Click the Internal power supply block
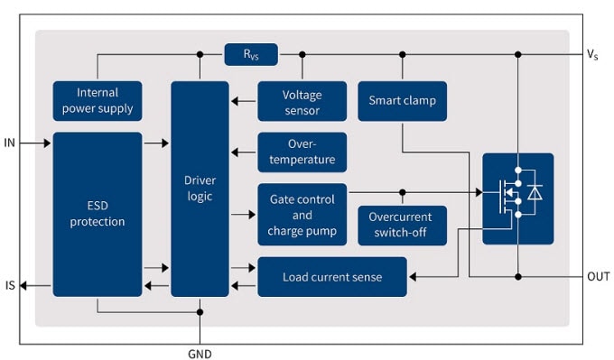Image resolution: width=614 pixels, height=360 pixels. pos(98,100)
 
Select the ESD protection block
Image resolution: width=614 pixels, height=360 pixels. pos(98,214)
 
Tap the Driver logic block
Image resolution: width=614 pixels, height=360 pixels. pos(200,189)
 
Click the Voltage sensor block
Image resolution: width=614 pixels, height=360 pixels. pos(302,101)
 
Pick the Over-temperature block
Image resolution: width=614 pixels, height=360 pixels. pos(302,152)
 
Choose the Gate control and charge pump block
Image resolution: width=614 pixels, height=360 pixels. pos(302,215)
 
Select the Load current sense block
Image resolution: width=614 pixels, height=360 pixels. pos(331,277)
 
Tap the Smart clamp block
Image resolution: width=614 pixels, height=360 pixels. pos(402,100)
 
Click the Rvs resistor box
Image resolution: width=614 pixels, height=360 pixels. pos(251,54)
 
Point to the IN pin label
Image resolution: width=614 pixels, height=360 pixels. pos(10,143)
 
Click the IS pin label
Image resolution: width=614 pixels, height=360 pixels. pos(10,286)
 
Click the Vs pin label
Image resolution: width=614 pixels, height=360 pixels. pos(592,55)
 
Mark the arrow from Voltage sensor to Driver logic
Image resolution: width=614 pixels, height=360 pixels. pos(243,101)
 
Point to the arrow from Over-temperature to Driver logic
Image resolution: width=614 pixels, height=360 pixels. pos(243,152)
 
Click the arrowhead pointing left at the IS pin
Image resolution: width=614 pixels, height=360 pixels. pos(25,286)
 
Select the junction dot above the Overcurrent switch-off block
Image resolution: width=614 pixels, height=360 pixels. pos(402,192)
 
